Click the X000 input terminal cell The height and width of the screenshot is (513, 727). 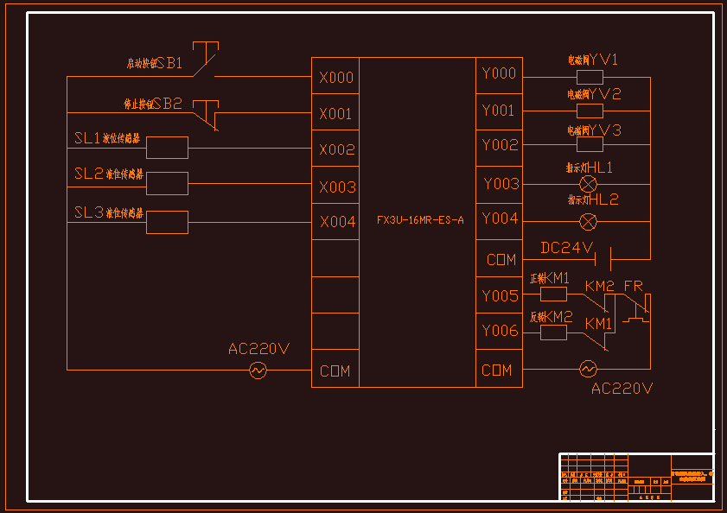pyautogui.click(x=335, y=78)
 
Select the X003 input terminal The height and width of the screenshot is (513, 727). pyautogui.click(x=335, y=187)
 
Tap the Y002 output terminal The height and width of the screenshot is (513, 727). pyautogui.click(x=499, y=145)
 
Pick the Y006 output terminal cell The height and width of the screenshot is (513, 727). pyautogui.click(x=499, y=331)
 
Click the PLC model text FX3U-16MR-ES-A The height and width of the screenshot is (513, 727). pyautogui.click(x=420, y=220)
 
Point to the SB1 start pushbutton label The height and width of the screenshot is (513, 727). pyautogui.click(x=168, y=63)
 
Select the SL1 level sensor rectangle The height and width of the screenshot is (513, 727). pyautogui.click(x=167, y=148)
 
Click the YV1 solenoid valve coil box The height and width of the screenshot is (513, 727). pyautogui.click(x=590, y=77)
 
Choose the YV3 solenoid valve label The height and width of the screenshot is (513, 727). pyautogui.click(x=605, y=130)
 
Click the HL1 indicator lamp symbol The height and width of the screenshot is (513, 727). pyautogui.click(x=588, y=184)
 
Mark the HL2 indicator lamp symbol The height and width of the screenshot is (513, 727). pyautogui.click(x=588, y=221)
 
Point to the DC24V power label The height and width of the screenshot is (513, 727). pyautogui.click(x=567, y=249)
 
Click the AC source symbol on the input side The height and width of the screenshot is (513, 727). pyautogui.click(x=258, y=370)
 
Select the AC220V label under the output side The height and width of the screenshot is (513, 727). pyautogui.click(x=622, y=389)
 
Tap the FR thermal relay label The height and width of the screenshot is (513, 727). pyautogui.click(x=633, y=286)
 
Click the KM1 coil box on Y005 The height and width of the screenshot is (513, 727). pyautogui.click(x=553, y=294)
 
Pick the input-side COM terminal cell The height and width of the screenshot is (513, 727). pyautogui.click(x=335, y=370)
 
